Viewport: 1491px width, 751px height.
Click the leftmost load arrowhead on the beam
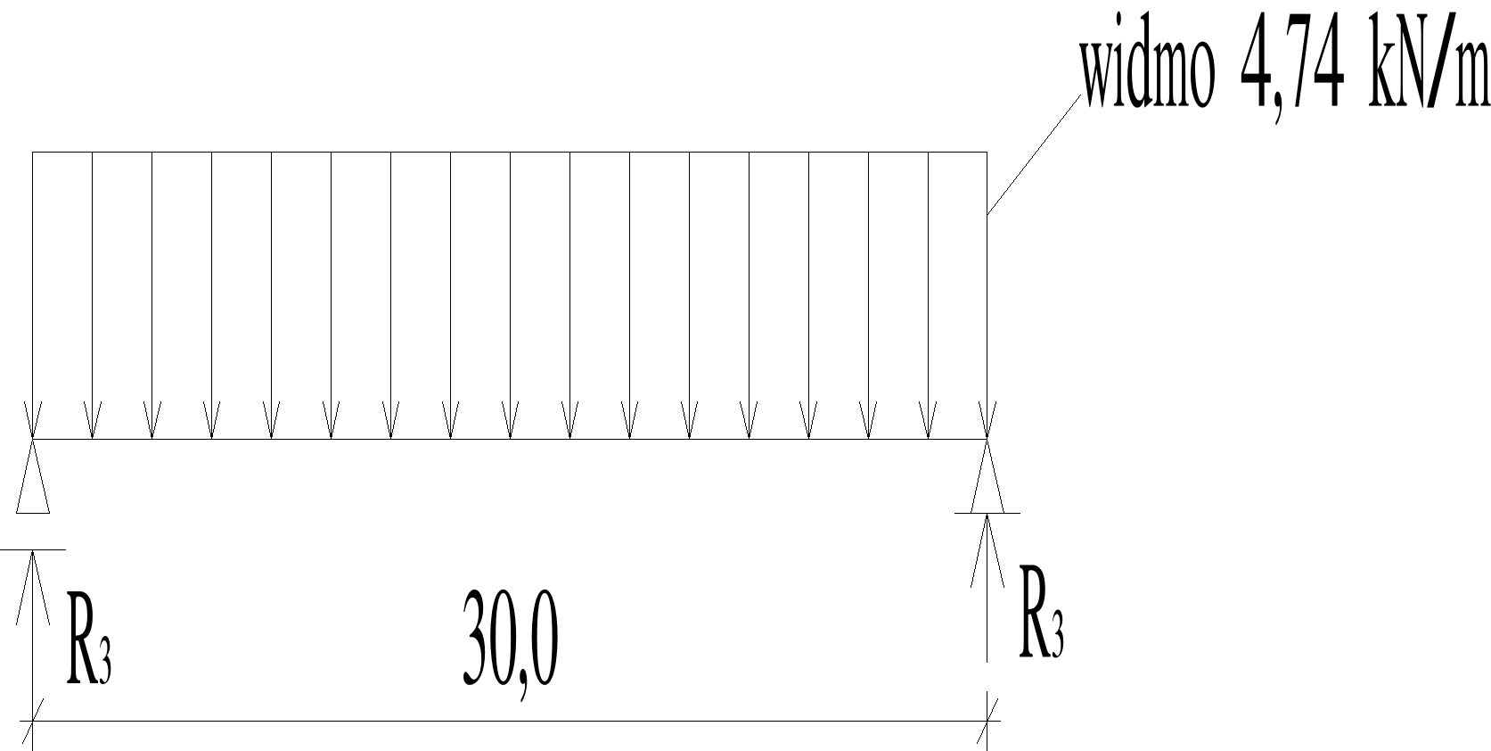(x=33, y=423)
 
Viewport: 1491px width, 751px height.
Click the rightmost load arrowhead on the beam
(x=987, y=423)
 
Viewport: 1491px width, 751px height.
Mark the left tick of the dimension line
(x=33, y=721)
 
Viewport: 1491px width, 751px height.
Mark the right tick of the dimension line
(x=987, y=721)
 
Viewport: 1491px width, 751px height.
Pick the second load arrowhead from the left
(x=93, y=423)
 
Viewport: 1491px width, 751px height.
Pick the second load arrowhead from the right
(x=929, y=423)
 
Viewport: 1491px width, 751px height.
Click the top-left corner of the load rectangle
(x=33, y=153)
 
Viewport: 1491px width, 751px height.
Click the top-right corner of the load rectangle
(x=987, y=153)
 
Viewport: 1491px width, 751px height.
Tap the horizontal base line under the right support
(x=987, y=513)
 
